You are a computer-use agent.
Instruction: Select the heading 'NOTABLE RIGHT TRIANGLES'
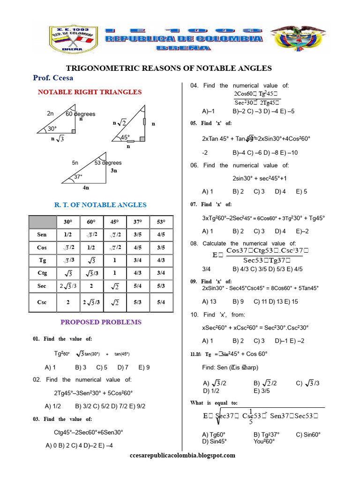click(x=90, y=92)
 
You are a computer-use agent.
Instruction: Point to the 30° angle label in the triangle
click(x=52, y=128)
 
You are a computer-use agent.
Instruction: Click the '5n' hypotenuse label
click(x=75, y=163)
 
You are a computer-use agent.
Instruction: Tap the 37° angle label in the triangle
click(x=78, y=177)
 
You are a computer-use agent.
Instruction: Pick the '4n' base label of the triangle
click(x=86, y=187)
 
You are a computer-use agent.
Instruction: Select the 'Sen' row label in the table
click(x=42, y=234)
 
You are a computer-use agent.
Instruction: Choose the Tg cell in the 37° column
click(x=138, y=260)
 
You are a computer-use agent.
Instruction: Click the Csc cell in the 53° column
click(x=161, y=302)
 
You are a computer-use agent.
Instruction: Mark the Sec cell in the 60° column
click(x=91, y=285)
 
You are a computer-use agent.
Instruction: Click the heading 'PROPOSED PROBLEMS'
click(x=101, y=322)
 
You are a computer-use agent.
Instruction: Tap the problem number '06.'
click(x=195, y=165)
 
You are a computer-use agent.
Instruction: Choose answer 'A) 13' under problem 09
click(x=209, y=302)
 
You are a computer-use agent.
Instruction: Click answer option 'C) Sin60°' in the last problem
click(x=308, y=435)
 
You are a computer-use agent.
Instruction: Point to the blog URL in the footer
click(x=182, y=455)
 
